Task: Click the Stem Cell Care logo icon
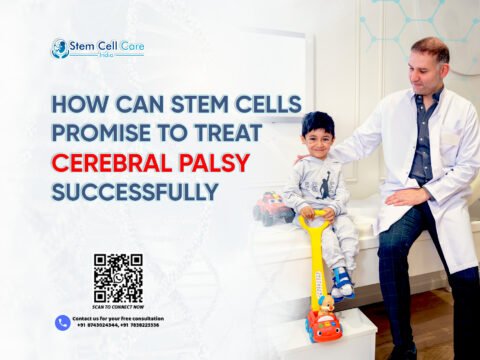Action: point(60,47)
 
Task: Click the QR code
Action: point(118,278)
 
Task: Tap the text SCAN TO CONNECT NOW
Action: point(118,308)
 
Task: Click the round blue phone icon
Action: point(63,322)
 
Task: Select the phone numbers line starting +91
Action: point(118,326)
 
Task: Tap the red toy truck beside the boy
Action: point(272,208)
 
